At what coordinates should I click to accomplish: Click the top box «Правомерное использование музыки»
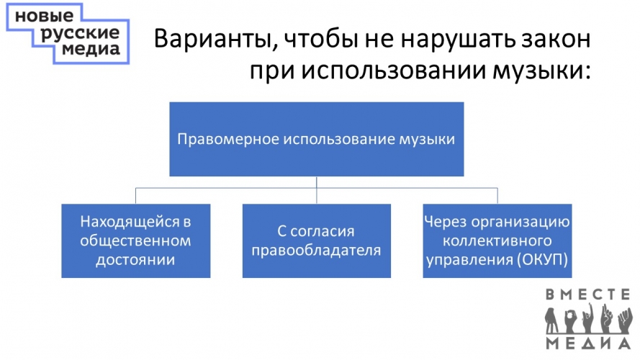[x=316, y=139]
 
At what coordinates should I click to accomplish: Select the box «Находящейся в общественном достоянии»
[x=136, y=240]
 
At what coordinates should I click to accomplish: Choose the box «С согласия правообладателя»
[x=316, y=240]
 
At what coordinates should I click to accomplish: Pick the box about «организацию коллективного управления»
[x=497, y=240]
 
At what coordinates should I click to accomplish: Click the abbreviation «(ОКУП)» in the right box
[x=542, y=260]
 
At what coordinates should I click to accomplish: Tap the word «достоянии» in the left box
[x=135, y=260]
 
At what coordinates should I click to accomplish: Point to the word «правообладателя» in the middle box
[x=316, y=251]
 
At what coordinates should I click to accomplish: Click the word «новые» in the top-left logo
[x=45, y=17]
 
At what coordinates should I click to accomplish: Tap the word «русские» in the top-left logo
[x=81, y=33]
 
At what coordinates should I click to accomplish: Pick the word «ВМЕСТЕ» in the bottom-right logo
[x=588, y=294]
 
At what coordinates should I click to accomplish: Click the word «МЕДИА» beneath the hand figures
[x=588, y=343]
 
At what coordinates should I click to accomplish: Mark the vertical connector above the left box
[x=135, y=196]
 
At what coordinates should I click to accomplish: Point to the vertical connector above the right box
[x=497, y=196]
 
